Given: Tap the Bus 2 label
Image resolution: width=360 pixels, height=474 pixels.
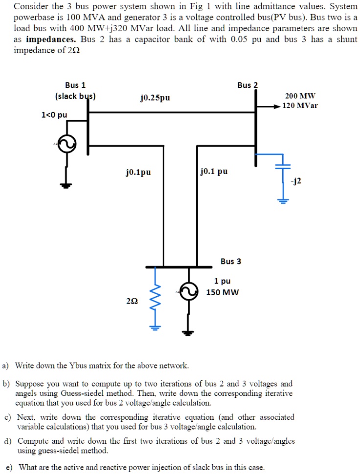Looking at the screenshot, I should [x=247, y=85].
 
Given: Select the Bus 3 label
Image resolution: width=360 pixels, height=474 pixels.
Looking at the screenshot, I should [x=230, y=261].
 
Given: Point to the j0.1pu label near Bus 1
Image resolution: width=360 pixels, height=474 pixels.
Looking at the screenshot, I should [x=138, y=172].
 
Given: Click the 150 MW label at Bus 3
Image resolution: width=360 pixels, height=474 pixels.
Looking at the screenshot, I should [x=223, y=292].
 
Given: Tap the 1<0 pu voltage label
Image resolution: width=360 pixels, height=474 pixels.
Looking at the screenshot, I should [x=54, y=115].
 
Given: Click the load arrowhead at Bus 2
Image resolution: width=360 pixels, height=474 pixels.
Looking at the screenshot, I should [x=277, y=106].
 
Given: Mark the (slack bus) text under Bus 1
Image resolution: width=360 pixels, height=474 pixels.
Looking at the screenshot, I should [x=75, y=96].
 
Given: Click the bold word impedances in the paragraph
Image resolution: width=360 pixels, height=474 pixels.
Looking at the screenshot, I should [x=50, y=39].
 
